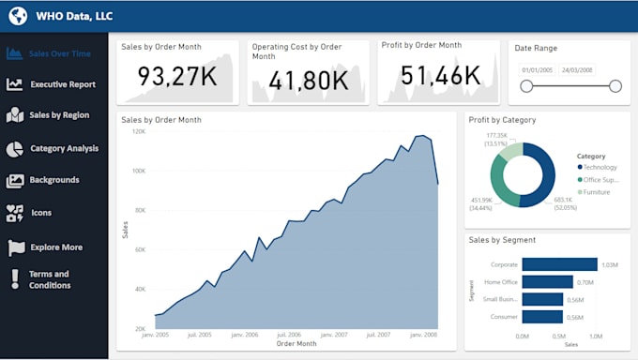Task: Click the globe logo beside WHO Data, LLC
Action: click(x=17, y=16)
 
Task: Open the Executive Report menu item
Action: click(x=62, y=84)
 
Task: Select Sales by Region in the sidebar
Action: click(x=59, y=115)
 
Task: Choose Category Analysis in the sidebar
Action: click(x=64, y=148)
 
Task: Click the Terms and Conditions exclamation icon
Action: click(x=15, y=279)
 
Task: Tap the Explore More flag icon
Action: click(x=16, y=247)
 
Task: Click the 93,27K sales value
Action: click(x=178, y=77)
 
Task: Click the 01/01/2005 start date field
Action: click(x=536, y=70)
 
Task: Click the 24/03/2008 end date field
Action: click(x=576, y=70)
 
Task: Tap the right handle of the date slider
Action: click(x=615, y=86)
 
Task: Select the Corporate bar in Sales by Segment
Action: click(x=559, y=264)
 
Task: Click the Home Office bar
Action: click(x=547, y=281)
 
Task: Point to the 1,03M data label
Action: click(x=611, y=264)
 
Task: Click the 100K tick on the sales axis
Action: click(x=137, y=172)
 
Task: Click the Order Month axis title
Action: click(x=297, y=344)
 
